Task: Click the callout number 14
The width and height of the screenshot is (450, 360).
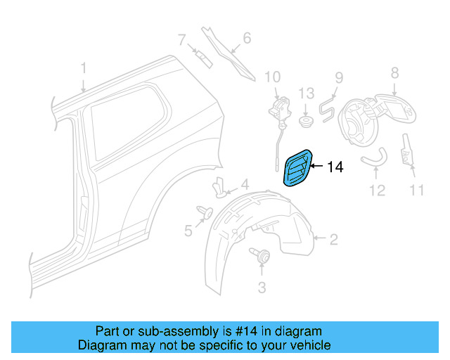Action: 335,167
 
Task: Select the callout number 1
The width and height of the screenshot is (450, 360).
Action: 83,68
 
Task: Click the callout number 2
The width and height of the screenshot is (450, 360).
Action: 333,240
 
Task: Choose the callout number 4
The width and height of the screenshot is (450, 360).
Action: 245,186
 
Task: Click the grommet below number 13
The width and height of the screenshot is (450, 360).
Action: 306,122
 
